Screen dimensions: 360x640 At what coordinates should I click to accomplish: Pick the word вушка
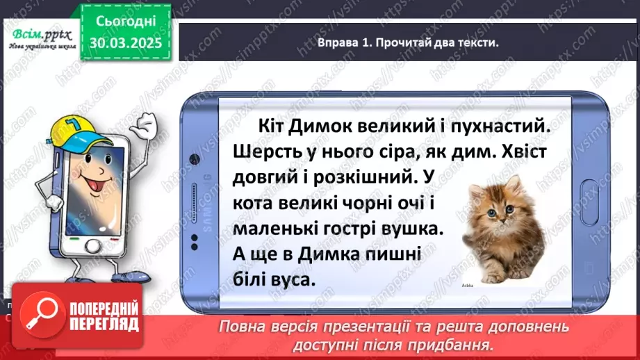point(411,228)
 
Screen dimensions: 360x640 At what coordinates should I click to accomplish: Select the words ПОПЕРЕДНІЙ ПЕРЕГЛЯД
point(96,317)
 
